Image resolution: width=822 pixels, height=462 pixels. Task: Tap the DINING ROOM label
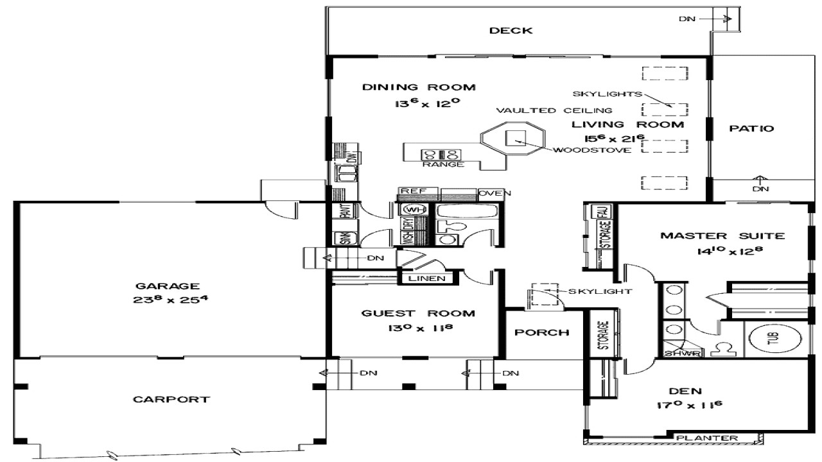[x=418, y=87]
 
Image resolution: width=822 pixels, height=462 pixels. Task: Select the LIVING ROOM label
[x=634, y=124]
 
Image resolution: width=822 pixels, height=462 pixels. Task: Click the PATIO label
[x=751, y=128]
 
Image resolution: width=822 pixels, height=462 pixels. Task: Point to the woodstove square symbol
[x=516, y=139]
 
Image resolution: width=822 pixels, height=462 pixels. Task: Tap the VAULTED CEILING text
[x=554, y=110]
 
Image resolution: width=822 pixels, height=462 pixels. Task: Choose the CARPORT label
[x=171, y=399]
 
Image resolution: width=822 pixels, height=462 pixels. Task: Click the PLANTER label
[x=715, y=438]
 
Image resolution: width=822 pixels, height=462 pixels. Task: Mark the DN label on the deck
[x=687, y=19]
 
